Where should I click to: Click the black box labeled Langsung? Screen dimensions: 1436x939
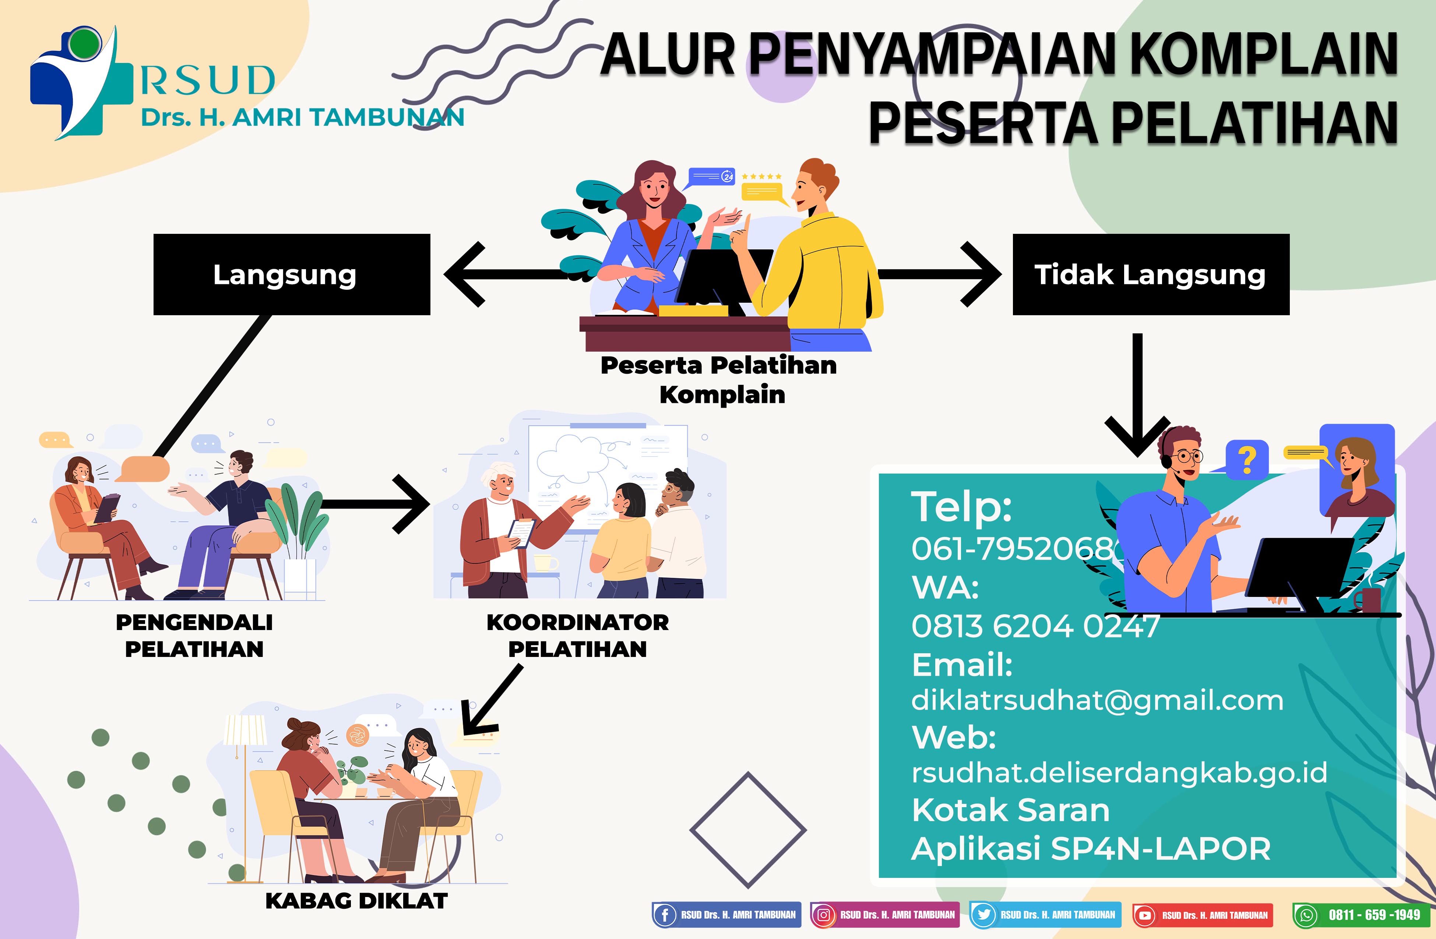(291, 275)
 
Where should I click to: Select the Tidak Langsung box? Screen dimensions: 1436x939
(1151, 275)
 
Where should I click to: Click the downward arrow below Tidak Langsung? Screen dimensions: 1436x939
(1137, 395)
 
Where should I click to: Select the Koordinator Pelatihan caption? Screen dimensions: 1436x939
(577, 636)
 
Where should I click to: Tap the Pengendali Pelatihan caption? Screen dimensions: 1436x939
(194, 636)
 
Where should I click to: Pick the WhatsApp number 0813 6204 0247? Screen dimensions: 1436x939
(1035, 626)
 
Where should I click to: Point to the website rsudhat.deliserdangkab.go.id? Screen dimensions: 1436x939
(1119, 773)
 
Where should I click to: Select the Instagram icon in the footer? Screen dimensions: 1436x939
(823, 915)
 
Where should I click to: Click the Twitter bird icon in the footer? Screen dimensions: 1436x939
(983, 915)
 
